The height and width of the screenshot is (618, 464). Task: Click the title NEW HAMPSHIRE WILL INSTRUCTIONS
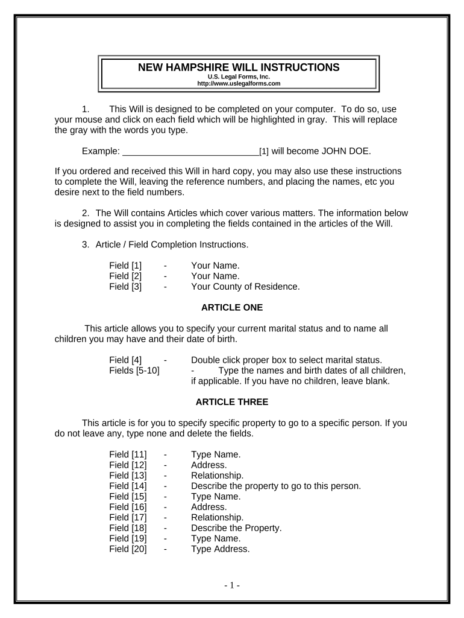(x=239, y=67)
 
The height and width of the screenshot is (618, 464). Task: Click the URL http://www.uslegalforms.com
(x=239, y=83)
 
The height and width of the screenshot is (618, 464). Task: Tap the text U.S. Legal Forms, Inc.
(x=239, y=77)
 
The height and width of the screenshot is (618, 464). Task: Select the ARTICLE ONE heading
(x=232, y=307)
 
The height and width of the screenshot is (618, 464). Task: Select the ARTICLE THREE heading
(x=232, y=401)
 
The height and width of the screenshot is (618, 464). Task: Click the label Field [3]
(x=125, y=287)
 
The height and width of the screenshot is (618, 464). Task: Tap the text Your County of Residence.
(x=245, y=287)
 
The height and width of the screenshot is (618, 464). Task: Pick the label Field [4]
(x=125, y=360)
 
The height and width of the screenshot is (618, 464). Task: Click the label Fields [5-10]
(x=134, y=371)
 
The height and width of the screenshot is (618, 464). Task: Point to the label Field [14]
(x=128, y=486)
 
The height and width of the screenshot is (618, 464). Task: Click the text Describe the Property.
(x=236, y=527)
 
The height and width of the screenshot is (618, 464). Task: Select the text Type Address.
(x=220, y=549)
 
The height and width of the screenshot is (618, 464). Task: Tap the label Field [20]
(x=128, y=549)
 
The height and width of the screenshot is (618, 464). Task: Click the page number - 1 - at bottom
(x=232, y=585)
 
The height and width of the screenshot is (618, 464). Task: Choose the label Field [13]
(x=128, y=476)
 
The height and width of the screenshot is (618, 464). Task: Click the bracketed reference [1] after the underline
(x=264, y=151)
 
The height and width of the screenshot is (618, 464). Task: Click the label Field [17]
(x=128, y=517)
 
